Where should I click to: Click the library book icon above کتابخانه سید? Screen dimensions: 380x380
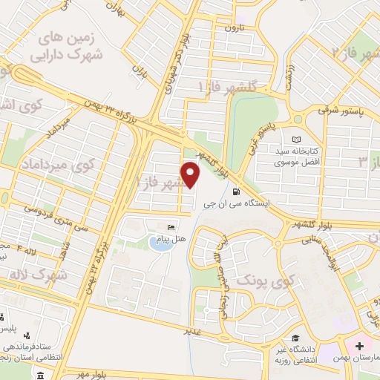298,140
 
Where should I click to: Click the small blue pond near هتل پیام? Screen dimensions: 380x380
157,242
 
